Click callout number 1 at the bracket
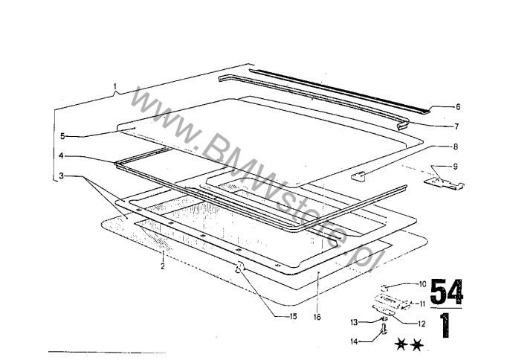click(114, 87)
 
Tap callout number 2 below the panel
click(163, 266)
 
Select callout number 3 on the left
click(61, 176)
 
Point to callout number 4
click(61, 155)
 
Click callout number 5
click(62, 136)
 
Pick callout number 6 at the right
click(458, 107)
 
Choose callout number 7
click(456, 126)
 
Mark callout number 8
click(455, 147)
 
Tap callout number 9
click(455, 167)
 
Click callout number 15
click(293, 316)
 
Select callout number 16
click(317, 317)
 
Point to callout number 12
click(422, 324)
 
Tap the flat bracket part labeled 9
click(444, 183)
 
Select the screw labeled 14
click(384, 329)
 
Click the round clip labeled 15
click(240, 268)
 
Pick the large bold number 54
click(447, 291)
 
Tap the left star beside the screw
click(401, 344)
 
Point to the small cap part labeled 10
click(385, 287)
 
